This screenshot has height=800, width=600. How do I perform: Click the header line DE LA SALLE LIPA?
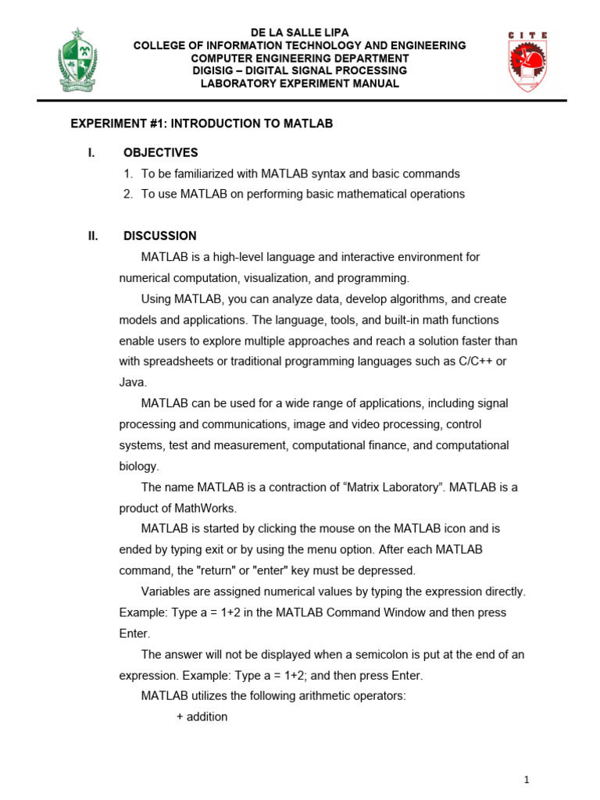coord(299,33)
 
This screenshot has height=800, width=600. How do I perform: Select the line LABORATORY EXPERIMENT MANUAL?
coord(299,84)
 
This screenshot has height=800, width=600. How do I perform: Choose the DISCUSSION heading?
coord(160,236)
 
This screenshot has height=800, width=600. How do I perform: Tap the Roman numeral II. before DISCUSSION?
coord(93,236)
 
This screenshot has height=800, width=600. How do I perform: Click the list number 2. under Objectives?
coord(128,194)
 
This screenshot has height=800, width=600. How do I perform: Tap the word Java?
coord(132,383)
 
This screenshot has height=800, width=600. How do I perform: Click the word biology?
coord(139,466)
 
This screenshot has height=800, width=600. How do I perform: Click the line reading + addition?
coord(202,717)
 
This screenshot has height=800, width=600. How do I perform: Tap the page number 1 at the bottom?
coord(527,780)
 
